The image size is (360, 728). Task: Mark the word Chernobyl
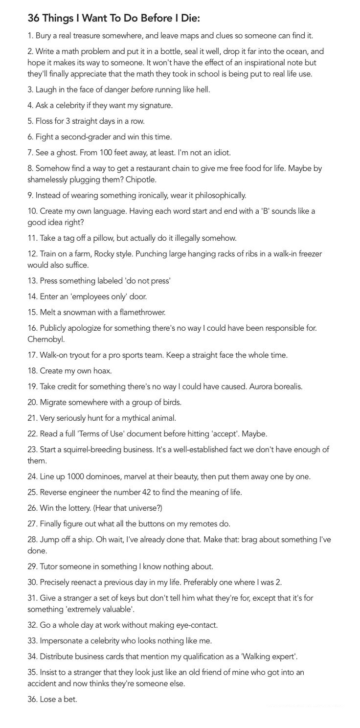tap(46, 339)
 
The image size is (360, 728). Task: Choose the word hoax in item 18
tap(102, 370)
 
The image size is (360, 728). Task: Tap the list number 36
tap(32, 699)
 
